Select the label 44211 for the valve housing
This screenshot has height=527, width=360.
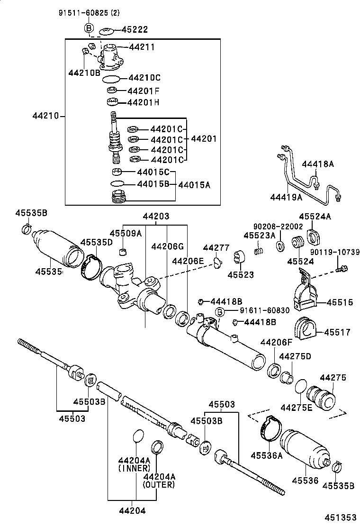[142, 47]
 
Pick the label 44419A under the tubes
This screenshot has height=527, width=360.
[286, 197]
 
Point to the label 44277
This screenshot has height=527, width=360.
[216, 248]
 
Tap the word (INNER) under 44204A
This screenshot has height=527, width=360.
[134, 468]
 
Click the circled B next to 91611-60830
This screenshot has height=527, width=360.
[220, 311]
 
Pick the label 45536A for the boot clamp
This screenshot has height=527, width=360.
[267, 456]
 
